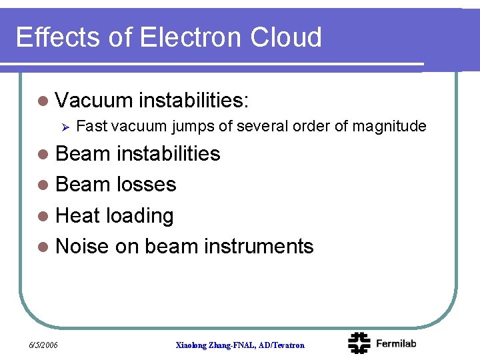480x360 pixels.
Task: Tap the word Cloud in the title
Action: click(286, 37)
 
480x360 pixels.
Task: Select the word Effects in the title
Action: click(57, 37)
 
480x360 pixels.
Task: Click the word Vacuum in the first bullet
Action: click(94, 100)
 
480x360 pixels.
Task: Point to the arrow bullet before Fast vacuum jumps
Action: click(65, 127)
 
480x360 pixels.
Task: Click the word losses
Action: click(146, 184)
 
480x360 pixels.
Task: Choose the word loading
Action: click(139, 216)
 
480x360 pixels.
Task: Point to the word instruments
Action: click(259, 246)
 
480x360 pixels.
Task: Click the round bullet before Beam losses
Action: click(43, 185)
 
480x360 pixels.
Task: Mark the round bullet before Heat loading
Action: click(43, 216)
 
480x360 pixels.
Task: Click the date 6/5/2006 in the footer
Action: click(43, 345)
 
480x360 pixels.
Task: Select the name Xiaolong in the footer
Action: click(192, 345)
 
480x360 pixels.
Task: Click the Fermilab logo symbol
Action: click(359, 343)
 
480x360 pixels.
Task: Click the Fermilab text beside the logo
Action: click(396, 343)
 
